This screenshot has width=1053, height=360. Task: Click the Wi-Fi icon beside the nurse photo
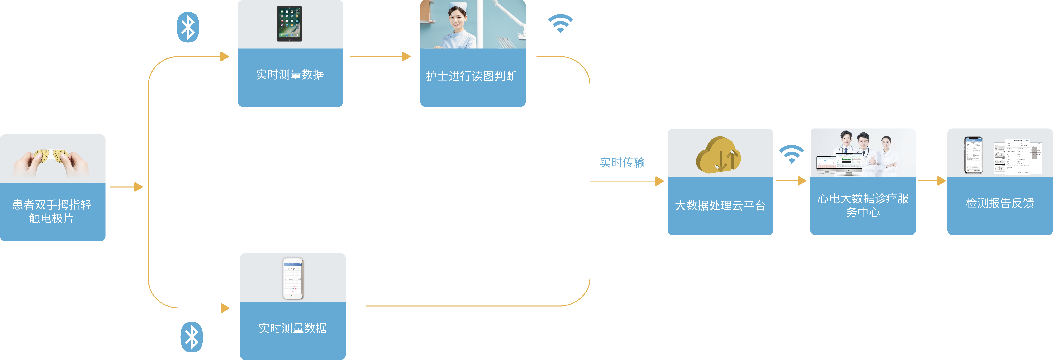click(560, 23)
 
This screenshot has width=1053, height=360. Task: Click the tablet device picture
click(289, 24)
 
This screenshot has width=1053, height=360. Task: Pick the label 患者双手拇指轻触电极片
click(52, 211)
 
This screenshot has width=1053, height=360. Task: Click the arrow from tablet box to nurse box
click(380, 56)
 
